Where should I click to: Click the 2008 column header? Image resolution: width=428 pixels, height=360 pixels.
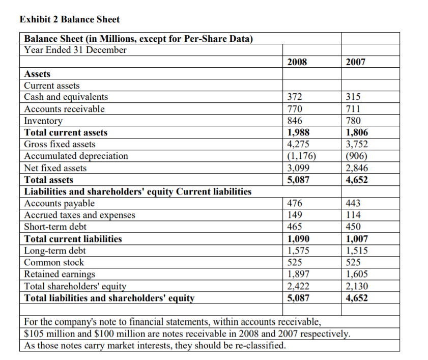tap(297, 62)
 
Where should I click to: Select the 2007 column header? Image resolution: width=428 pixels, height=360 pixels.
tap(355, 62)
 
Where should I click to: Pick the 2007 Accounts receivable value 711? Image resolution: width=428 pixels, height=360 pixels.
tap(353, 108)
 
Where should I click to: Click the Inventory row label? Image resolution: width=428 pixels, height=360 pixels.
tap(44, 121)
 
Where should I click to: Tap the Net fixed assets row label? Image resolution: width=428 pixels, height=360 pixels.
tap(55, 168)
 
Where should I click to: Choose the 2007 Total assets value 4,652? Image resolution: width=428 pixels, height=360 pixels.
tap(356, 180)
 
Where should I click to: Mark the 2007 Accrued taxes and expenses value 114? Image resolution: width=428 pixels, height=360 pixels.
tap(353, 215)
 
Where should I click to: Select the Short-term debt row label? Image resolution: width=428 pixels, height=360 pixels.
tap(55, 227)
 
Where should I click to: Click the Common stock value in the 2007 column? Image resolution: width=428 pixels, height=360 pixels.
tap(353, 262)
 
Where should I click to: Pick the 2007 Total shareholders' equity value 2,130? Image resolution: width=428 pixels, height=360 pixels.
tap(356, 286)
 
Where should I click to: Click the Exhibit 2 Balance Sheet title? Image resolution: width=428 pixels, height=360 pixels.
tap(69, 19)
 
